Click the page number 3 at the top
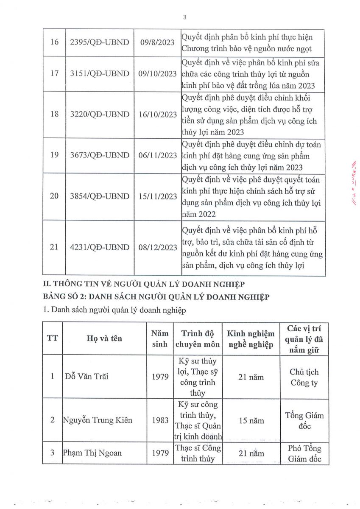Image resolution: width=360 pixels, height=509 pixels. pos(184,17)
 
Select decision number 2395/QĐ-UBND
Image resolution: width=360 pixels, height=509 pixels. pos(100,43)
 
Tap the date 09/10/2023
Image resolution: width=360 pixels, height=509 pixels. pos(157,73)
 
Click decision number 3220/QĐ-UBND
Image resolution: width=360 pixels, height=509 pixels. pos(100,114)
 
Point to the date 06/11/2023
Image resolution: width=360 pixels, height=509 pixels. pos(157,155)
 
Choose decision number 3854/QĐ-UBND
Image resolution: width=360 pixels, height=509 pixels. pos(100,196)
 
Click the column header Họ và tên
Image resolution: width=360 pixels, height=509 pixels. pos(104,338)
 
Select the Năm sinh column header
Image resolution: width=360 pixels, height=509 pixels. pos(160,339)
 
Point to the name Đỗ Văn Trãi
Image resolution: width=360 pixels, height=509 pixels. pos(87,376)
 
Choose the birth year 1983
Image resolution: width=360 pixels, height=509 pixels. pos(160,420)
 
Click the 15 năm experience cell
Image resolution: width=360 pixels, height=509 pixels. pos(251,420)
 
